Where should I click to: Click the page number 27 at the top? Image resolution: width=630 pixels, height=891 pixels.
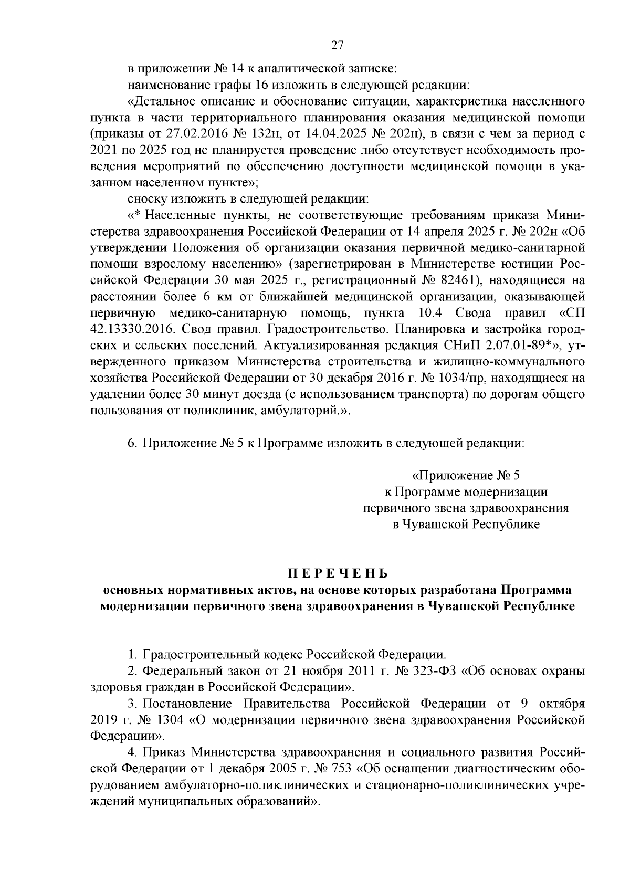[x=337, y=45]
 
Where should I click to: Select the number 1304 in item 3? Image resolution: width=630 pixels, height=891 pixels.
[x=168, y=719]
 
